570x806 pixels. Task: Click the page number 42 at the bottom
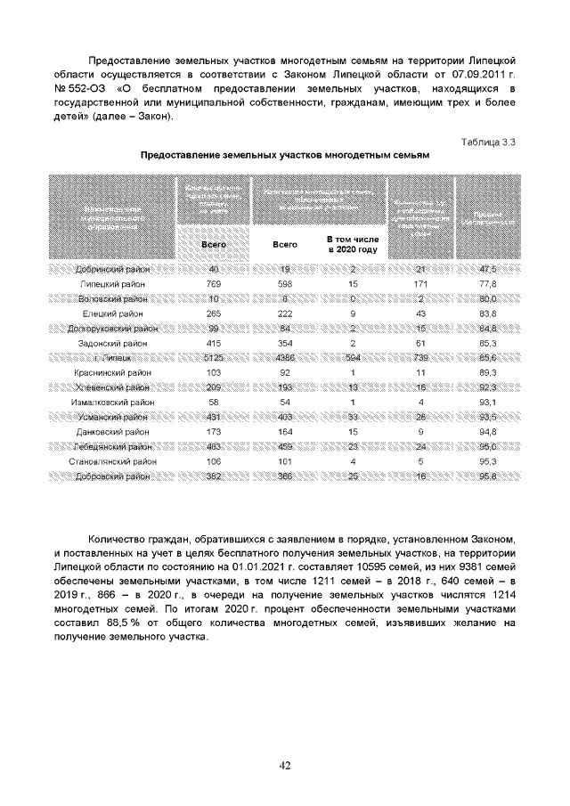[285, 764]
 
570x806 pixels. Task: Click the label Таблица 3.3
[487, 142]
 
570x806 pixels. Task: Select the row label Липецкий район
[113, 283]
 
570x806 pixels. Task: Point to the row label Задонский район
[113, 341]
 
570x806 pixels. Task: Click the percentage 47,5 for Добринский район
[487, 269]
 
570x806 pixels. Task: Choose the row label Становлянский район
[113, 461]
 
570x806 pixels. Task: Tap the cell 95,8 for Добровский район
[487, 476]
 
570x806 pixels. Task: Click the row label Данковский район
[113, 432]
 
